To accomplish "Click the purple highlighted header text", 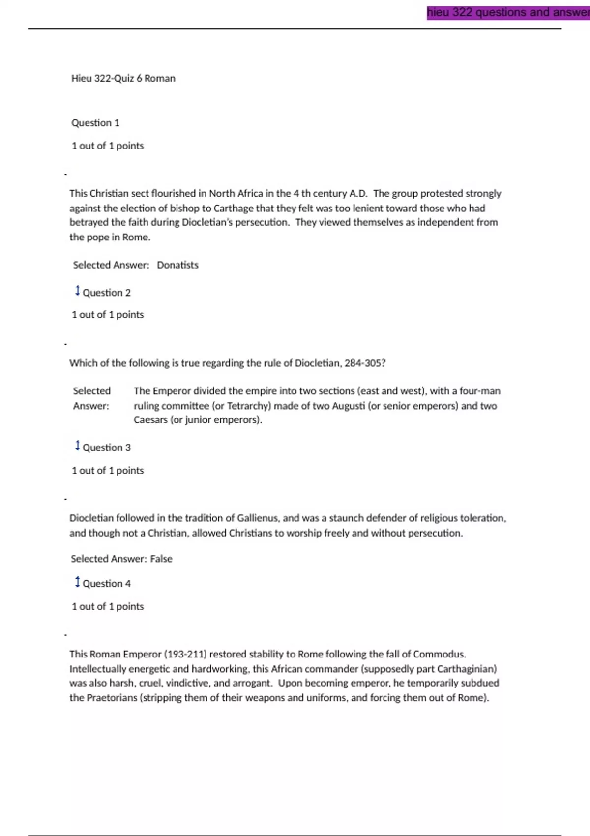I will tap(508, 12).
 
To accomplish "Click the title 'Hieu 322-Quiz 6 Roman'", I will tap(123, 78).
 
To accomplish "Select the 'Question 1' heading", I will tap(95, 123).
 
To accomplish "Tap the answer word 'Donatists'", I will tap(177, 265).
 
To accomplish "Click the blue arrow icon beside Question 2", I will tap(77, 291).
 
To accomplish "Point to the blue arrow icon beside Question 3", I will tap(77, 446).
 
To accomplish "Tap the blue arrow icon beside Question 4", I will tap(77, 582).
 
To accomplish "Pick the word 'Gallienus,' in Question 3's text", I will tap(258, 518).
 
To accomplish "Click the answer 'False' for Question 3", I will tap(161, 559).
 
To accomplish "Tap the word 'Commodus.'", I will tap(440, 655).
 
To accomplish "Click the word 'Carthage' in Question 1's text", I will tap(233, 209).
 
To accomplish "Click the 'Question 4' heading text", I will tap(107, 584).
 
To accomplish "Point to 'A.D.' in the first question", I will tap(358, 194).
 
